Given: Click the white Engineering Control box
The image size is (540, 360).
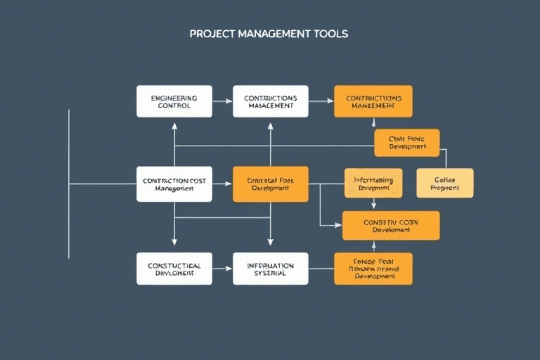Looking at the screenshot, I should click(x=174, y=101).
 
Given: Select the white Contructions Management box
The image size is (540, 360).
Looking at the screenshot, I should click(x=270, y=101).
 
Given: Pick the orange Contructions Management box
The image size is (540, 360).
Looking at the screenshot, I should click(x=373, y=101).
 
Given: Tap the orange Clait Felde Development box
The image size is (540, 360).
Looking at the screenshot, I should click(x=406, y=143).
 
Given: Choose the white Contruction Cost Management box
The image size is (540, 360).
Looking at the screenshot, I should click(x=174, y=184).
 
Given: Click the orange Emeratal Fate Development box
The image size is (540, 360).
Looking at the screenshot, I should click(x=270, y=184).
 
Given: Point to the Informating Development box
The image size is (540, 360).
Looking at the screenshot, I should click(x=373, y=184).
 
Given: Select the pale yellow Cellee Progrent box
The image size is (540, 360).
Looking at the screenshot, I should click(x=444, y=183).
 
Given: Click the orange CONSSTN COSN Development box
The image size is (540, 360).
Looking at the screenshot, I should click(x=390, y=226).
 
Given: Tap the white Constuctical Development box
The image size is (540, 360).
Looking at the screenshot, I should click(x=174, y=269).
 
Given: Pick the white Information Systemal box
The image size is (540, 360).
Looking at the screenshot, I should click(x=270, y=269).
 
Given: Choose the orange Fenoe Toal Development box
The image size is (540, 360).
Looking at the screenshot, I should click(x=373, y=269).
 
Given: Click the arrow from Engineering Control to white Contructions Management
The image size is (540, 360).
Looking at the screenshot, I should click(x=222, y=101).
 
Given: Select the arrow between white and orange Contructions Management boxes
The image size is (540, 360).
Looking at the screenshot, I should click(x=321, y=101).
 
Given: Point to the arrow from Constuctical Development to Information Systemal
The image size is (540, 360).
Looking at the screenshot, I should click(x=222, y=269).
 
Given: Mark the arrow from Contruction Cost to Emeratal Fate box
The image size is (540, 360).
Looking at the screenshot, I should click(x=222, y=184).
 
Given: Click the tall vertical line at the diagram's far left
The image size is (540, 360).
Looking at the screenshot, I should click(x=69, y=184).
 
